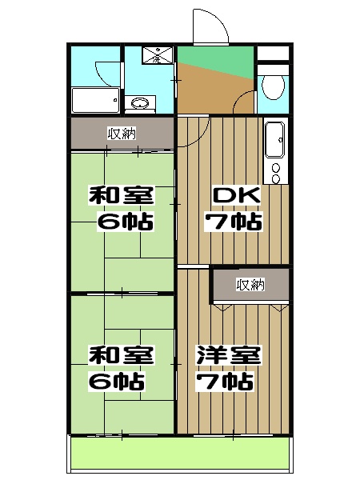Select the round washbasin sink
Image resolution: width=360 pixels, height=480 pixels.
141,103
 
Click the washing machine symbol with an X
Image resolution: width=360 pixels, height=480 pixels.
154,55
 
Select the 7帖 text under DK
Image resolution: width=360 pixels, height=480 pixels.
232,221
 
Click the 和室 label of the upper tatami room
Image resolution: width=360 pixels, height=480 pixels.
122,196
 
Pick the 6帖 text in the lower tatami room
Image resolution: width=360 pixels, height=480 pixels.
122,380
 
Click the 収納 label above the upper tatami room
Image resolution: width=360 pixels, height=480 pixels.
122,134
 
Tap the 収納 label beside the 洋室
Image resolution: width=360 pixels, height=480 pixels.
250,284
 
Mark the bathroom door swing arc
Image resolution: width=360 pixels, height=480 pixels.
102,69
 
